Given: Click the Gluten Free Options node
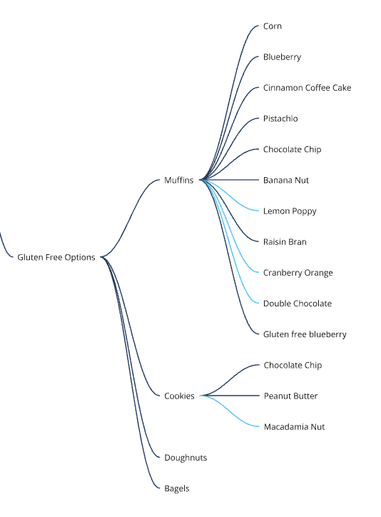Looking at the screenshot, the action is pos(56,257).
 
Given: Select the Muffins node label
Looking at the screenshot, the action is pos(179,180).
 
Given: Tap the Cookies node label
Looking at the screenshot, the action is pos(179,396).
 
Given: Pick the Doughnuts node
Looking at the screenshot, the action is pos(186,457).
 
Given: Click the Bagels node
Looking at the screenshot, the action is pos(176,488).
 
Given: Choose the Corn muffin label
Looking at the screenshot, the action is pos(273,26).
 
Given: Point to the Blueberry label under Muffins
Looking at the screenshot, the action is pos(282,57).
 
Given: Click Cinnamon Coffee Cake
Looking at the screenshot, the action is pos(307,88).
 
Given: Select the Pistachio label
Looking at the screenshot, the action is pos(280,119).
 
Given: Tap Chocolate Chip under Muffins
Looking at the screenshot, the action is pos(292,149).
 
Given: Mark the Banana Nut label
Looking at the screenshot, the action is pos(286,180).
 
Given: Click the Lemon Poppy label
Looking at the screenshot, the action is pos(290,211).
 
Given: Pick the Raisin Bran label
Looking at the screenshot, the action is pos(285,241).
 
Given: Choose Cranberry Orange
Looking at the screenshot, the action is pos(298,273).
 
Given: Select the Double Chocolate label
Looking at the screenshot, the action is pos(298,303).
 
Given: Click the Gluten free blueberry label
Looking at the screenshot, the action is pos(305,334).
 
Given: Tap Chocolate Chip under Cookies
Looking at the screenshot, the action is pos(293,365).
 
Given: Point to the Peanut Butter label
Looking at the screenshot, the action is pos(290,396).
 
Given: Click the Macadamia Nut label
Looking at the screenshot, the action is pos(294,426).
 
